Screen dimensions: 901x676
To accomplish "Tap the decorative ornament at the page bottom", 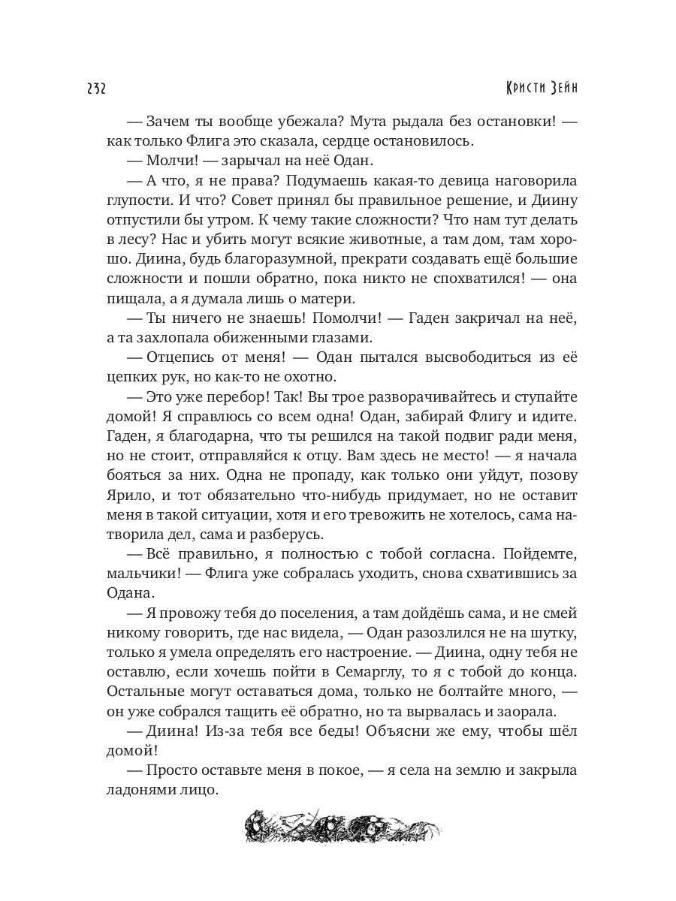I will (343, 827).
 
